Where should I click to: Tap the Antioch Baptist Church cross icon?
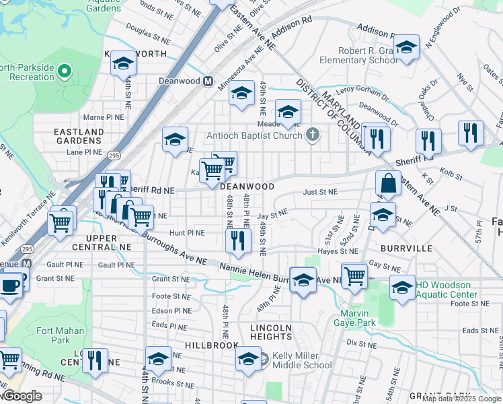[x=311, y=135]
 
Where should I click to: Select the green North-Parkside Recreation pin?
[x=65, y=70]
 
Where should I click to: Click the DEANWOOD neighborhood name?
[x=247, y=187]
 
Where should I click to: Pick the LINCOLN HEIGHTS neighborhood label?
[x=271, y=333]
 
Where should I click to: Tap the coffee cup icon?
[x=9, y=285]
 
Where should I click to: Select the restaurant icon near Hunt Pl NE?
[x=237, y=240]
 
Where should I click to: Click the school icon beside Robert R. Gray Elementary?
[x=405, y=48]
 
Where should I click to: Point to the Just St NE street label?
[x=319, y=192]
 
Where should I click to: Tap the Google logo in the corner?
[x=22, y=397]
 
